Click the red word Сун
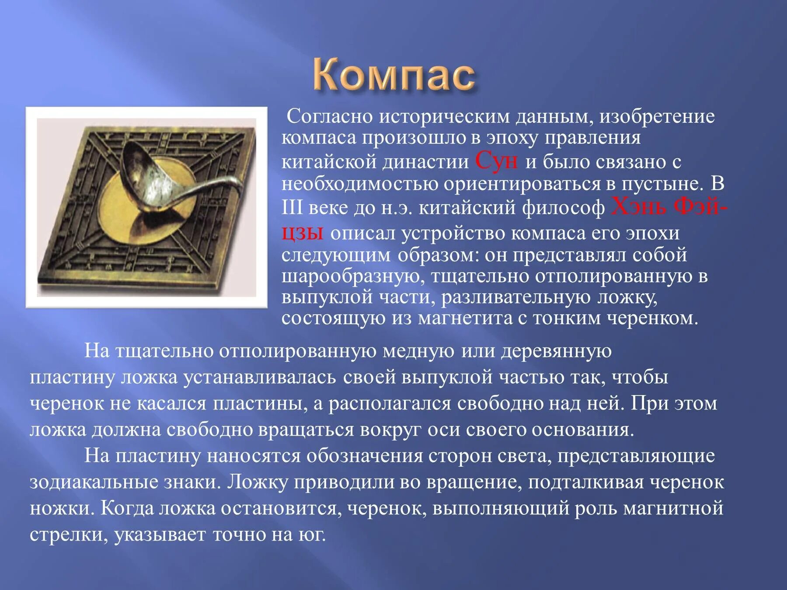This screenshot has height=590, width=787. point(496,161)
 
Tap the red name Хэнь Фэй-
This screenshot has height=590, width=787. point(669,207)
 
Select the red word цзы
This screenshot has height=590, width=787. point(302,233)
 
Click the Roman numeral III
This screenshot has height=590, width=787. point(292,208)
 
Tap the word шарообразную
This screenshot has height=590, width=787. point(353,277)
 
